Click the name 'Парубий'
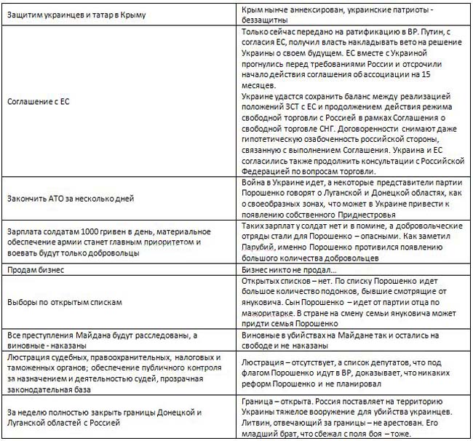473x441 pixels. click(x=259, y=248)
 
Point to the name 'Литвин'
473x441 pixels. click(x=256, y=421)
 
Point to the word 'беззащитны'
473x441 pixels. click(x=266, y=21)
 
